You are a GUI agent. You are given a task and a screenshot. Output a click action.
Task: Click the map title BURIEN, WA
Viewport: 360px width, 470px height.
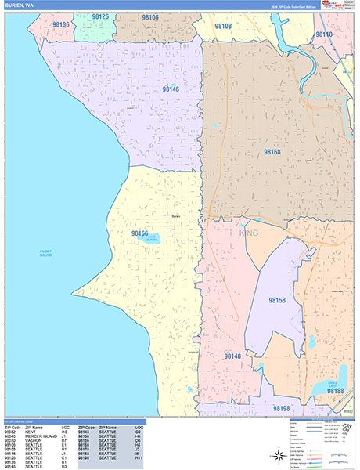20,5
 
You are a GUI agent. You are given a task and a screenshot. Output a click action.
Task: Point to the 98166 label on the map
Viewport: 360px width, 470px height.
140,233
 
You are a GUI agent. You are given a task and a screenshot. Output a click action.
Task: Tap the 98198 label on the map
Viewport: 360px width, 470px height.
281,408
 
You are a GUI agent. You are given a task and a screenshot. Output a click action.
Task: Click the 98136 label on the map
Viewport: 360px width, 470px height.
61,25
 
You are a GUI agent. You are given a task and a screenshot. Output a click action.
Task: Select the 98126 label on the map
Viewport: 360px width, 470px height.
100,16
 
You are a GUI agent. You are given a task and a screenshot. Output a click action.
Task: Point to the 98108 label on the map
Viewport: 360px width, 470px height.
223,27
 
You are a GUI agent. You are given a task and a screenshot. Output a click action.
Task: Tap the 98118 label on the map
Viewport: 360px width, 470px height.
323,34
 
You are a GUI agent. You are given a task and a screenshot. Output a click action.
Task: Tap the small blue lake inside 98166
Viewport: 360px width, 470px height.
153,240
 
